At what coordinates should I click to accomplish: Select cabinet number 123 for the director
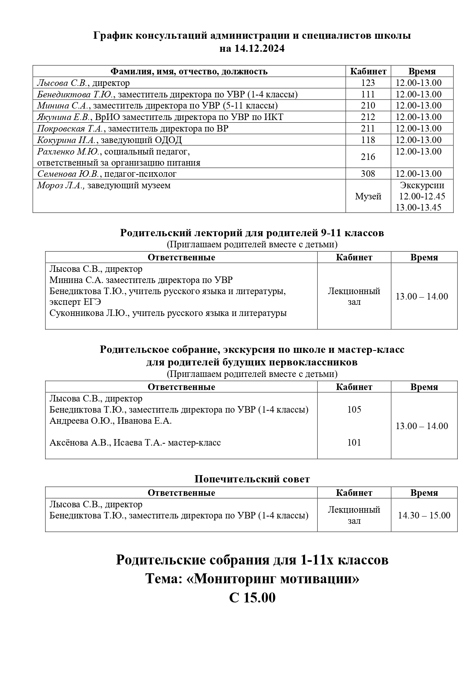click(368, 83)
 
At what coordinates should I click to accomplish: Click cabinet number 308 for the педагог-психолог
click(368, 174)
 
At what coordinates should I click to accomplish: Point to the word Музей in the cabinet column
click(368, 196)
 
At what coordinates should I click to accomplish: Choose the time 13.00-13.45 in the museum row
click(418, 207)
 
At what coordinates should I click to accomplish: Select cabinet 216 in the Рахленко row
click(368, 157)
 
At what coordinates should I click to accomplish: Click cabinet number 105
click(354, 410)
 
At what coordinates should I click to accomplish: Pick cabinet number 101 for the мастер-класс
click(354, 443)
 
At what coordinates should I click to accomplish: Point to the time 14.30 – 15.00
click(424, 515)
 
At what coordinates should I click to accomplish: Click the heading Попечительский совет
click(252, 479)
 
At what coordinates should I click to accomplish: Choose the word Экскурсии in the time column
click(422, 185)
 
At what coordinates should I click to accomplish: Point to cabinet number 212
click(368, 117)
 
